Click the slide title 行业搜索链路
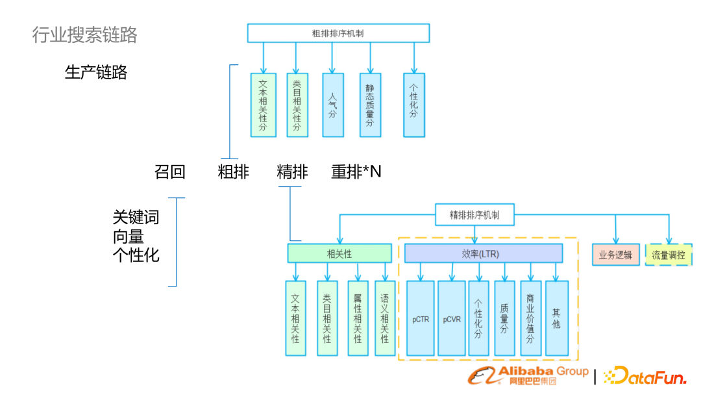click(85, 34)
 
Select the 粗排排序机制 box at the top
click(338, 33)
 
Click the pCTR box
click(421, 318)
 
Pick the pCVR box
click(452, 318)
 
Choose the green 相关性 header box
click(339, 253)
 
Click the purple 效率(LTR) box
click(484, 253)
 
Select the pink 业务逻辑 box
click(616, 255)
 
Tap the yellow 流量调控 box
click(669, 255)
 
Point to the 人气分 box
click(333, 105)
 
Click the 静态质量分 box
click(370, 105)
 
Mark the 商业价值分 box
click(530, 318)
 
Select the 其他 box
click(557, 318)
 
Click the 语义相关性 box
click(385, 318)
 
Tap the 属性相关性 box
click(358, 318)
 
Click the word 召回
click(170, 172)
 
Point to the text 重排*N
click(356, 172)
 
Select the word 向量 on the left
click(129, 236)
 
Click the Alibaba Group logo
click(529, 375)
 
